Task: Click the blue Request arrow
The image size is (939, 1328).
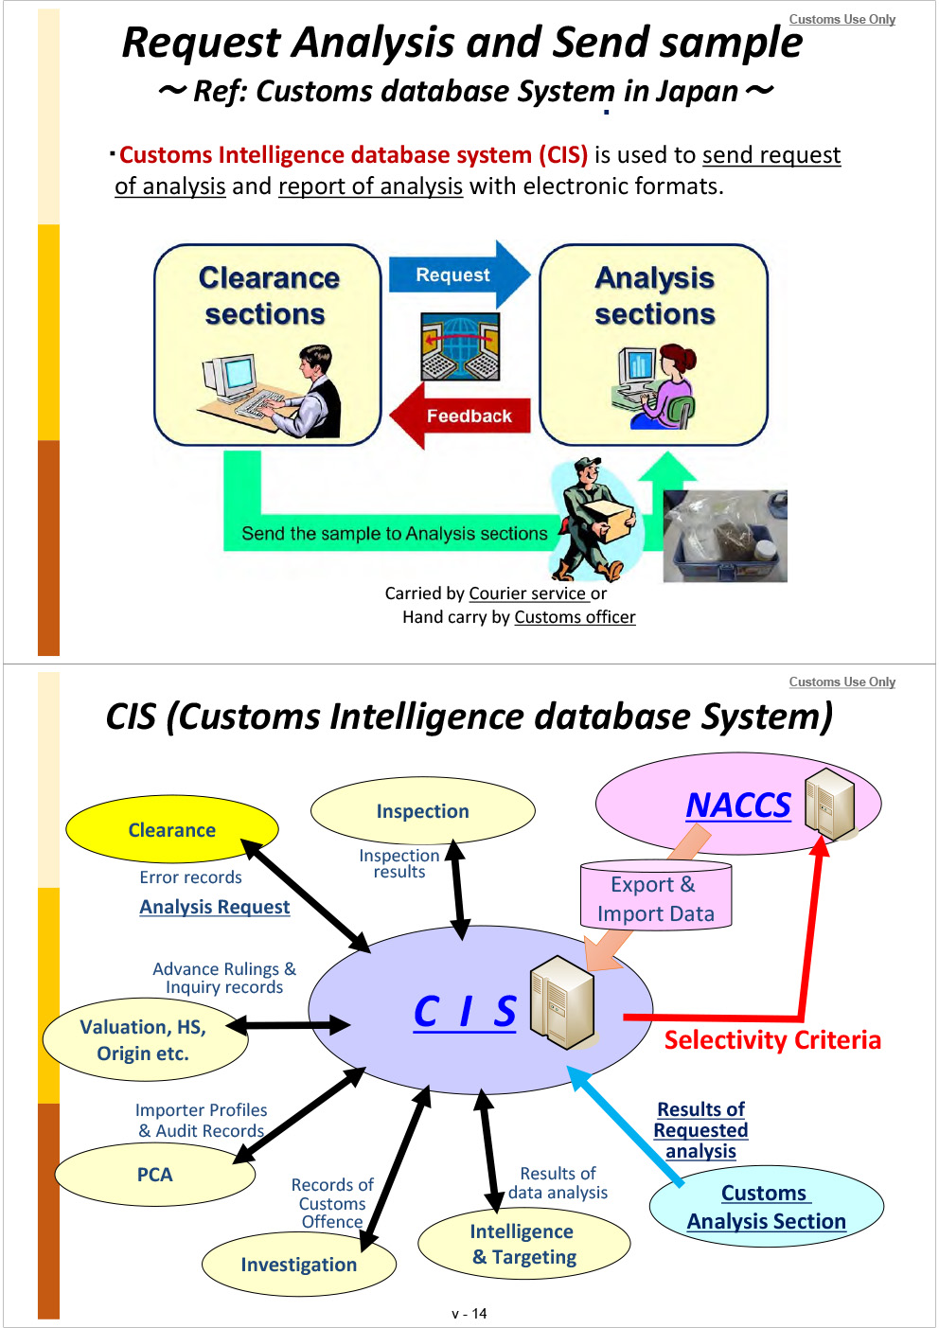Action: (x=457, y=274)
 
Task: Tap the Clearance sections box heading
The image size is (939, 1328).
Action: (x=268, y=295)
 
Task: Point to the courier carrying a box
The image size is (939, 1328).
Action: (x=594, y=519)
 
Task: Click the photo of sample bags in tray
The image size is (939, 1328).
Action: (x=725, y=536)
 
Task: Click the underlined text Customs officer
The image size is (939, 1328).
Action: (x=575, y=617)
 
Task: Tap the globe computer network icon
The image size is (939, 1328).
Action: (x=460, y=347)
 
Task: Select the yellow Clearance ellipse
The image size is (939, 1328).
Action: (x=172, y=829)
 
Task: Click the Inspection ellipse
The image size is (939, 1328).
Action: (x=423, y=811)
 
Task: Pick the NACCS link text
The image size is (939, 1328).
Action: (x=737, y=806)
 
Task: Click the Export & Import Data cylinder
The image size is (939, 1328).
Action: (x=656, y=897)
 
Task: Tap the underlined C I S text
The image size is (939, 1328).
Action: (x=465, y=1012)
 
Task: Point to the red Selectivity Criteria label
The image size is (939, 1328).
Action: (x=772, y=1040)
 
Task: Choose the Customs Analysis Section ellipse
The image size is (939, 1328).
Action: (x=767, y=1207)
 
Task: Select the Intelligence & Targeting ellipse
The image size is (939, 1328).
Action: (x=523, y=1244)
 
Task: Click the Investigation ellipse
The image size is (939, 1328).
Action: (x=299, y=1265)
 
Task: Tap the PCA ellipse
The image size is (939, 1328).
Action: (x=155, y=1175)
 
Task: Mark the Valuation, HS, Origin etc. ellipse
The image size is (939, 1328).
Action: (x=144, y=1040)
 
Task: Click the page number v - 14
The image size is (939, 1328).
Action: (x=469, y=1314)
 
